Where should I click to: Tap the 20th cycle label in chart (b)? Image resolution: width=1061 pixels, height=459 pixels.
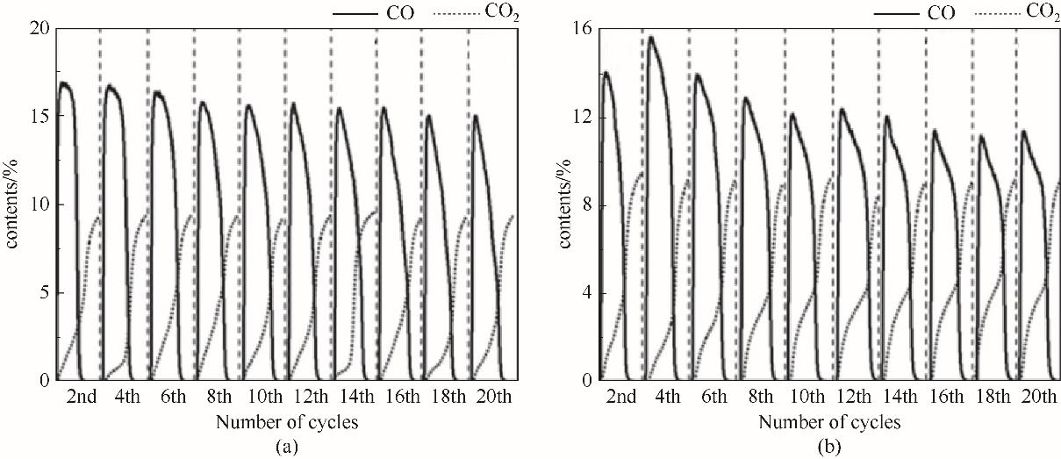tap(1038, 398)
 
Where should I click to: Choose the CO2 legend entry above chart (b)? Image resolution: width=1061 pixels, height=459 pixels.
tap(1032, 13)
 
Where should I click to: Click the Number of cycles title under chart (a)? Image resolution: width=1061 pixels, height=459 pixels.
tap(286, 422)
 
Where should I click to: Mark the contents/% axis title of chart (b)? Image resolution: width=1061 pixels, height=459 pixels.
tap(567, 204)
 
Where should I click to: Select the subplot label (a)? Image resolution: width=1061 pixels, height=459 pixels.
tap(286, 447)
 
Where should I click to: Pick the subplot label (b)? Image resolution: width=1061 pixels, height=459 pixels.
tap(828, 447)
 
